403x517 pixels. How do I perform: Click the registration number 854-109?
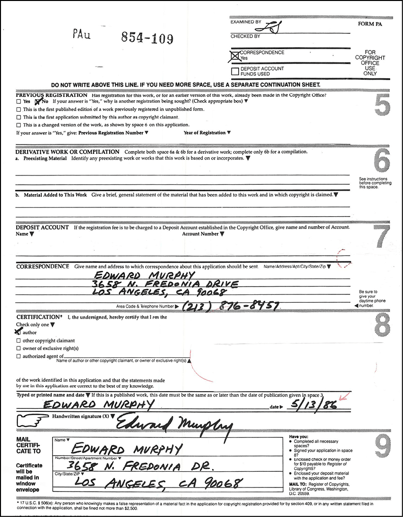[147, 38]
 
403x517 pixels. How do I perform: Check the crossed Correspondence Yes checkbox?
[235, 57]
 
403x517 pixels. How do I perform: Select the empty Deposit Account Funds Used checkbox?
[235, 71]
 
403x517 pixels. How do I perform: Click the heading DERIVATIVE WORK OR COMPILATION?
[67, 152]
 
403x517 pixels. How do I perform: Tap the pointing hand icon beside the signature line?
[31, 420]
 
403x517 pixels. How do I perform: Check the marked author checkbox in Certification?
[19, 332]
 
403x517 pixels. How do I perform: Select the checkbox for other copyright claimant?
[19, 341]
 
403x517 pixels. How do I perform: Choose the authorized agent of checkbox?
[19, 356]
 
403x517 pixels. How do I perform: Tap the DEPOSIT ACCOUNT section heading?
[42, 228]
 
